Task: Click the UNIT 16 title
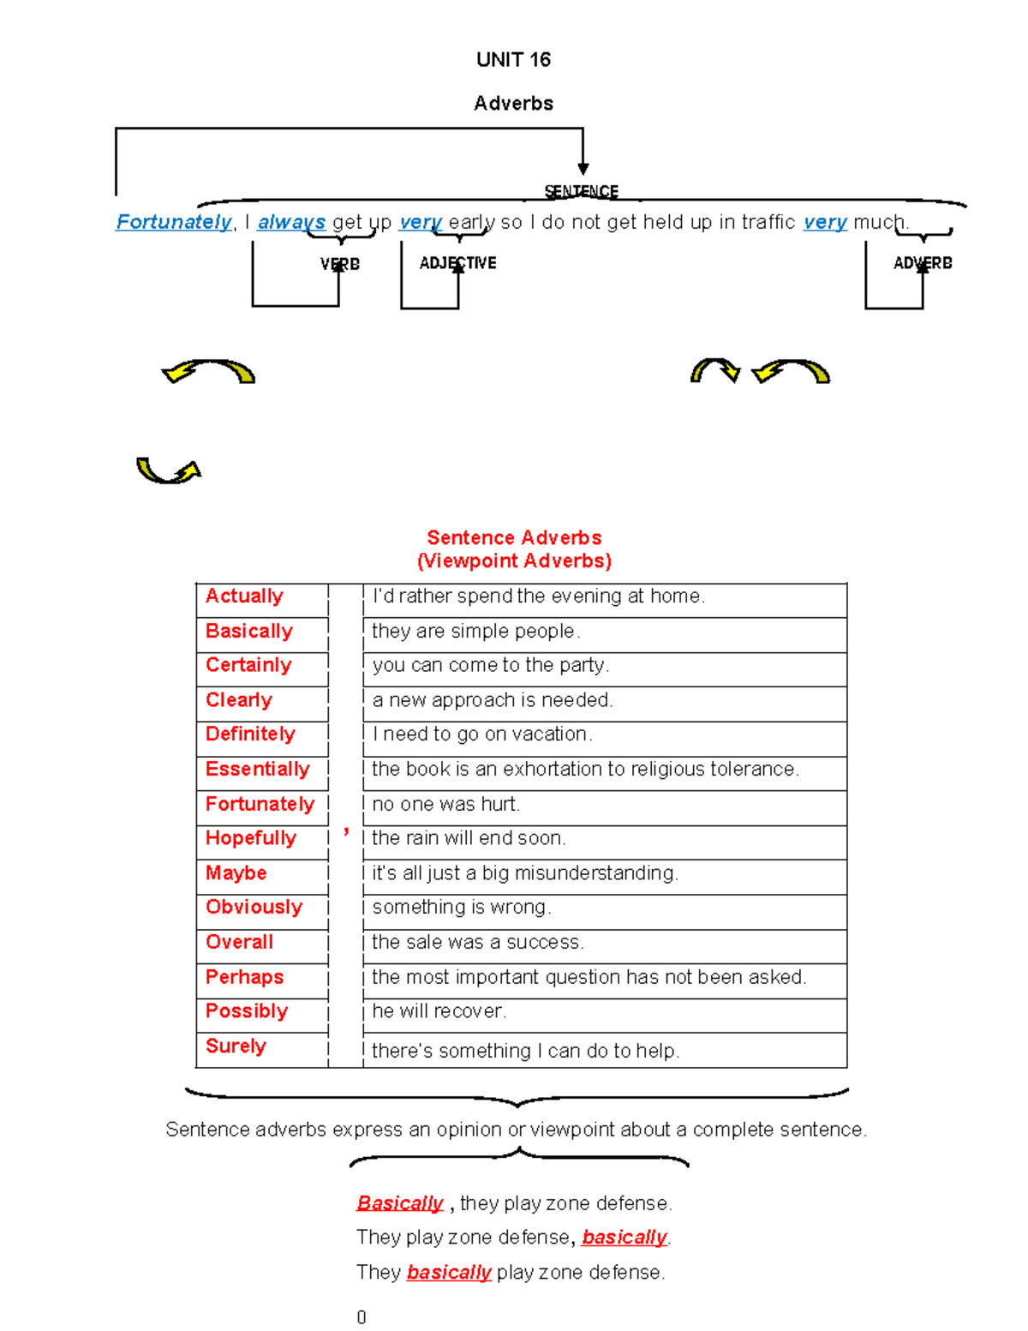[x=513, y=59]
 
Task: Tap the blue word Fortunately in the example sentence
[x=174, y=222]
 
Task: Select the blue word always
[x=291, y=222]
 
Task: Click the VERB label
[x=340, y=264]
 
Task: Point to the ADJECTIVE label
[x=457, y=263]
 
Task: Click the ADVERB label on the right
[x=923, y=263]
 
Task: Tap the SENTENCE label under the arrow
[x=582, y=191]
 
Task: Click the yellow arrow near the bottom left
[x=169, y=470]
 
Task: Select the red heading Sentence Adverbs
[x=514, y=537]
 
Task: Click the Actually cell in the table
[x=244, y=596]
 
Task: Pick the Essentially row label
[x=257, y=769]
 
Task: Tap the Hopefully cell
[x=251, y=838]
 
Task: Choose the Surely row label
[x=236, y=1046]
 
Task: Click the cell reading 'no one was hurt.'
[x=446, y=804]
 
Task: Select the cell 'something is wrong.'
[x=462, y=907]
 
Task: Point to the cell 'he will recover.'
[x=439, y=1011]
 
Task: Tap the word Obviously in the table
[x=254, y=907]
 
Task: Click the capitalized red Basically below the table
[x=400, y=1203]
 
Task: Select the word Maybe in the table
[x=236, y=872]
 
